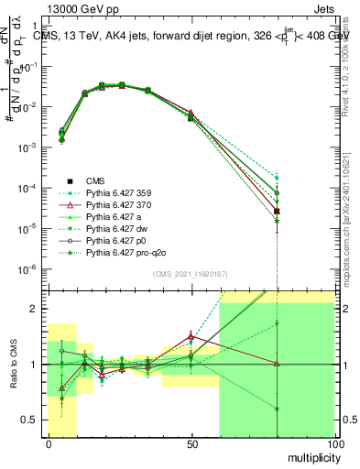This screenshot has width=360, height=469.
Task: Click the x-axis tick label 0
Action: (48, 443)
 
